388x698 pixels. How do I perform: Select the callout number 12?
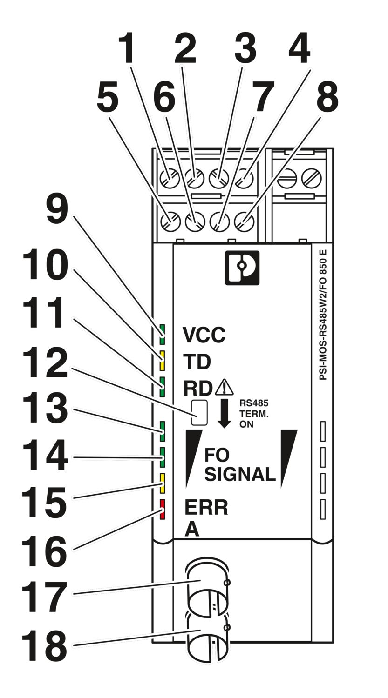click(x=44, y=362)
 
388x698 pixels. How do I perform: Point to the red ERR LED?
click(x=162, y=509)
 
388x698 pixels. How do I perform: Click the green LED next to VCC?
click(x=163, y=335)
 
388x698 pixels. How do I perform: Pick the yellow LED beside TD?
click(x=163, y=361)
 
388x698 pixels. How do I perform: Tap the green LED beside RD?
click(x=163, y=387)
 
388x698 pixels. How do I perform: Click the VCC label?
click(x=204, y=335)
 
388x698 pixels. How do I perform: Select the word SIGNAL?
click(x=240, y=475)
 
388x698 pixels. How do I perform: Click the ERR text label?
click(x=206, y=508)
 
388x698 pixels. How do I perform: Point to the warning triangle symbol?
click(x=224, y=387)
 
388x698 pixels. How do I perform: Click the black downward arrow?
click(x=224, y=414)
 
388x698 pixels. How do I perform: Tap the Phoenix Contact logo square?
click(x=242, y=268)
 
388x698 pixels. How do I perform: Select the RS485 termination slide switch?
click(x=199, y=413)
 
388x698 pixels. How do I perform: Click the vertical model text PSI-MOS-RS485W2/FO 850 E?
click(x=323, y=319)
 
